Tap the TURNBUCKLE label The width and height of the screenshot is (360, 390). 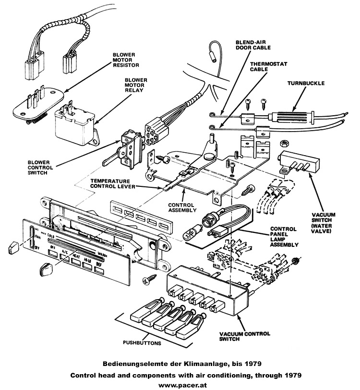(x=306, y=83)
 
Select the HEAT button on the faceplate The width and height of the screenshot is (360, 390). (x=75, y=260)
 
